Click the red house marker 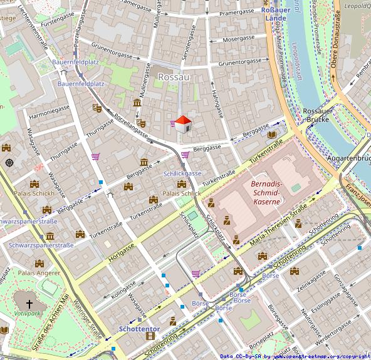click(182, 124)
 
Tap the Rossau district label click(174, 76)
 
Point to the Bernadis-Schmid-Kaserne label click(266, 192)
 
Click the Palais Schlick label click(182, 194)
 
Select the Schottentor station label click(139, 329)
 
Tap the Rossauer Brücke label click(318, 115)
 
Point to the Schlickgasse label click(182, 173)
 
